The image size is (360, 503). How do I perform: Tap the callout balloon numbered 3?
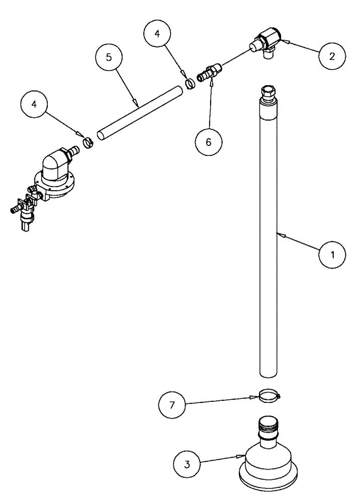pyautogui.click(x=187, y=463)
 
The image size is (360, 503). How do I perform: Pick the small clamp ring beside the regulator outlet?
pyautogui.click(x=88, y=142)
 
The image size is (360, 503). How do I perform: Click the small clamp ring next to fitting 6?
pyautogui.click(x=190, y=82)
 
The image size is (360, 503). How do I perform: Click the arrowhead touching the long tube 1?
pyautogui.click(x=280, y=234)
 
